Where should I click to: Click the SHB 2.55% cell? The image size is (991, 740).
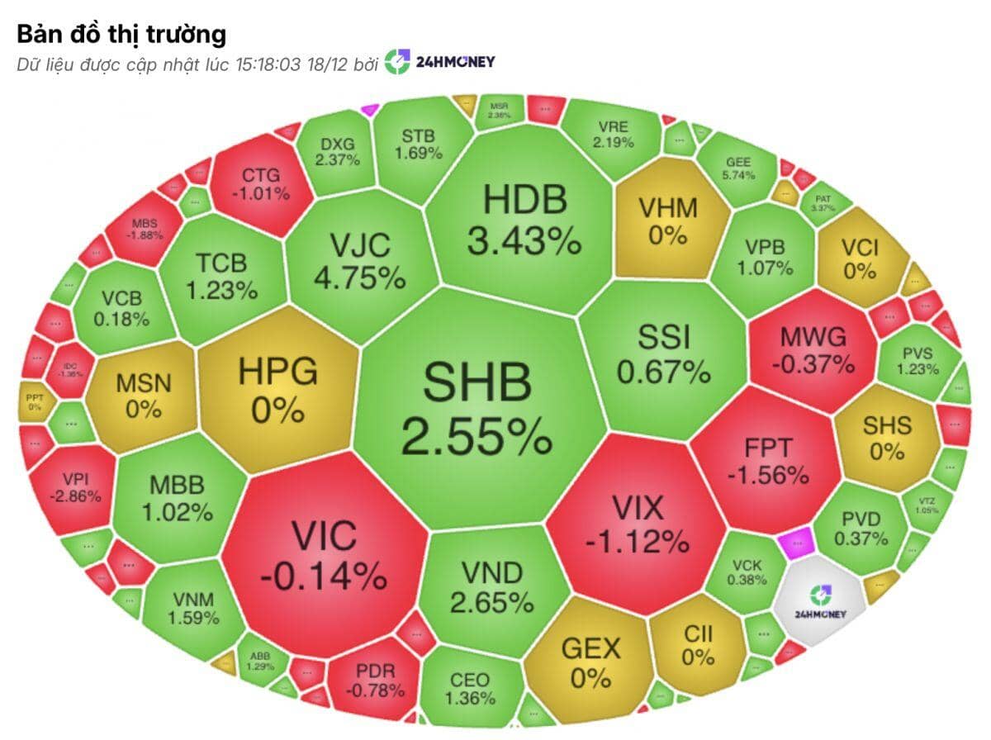[x=476, y=409]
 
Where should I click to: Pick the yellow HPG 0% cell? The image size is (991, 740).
[x=277, y=390]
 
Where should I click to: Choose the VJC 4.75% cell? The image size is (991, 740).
[x=359, y=260]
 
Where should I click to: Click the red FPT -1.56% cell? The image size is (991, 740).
[x=768, y=461]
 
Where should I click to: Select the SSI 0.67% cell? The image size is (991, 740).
[x=664, y=353]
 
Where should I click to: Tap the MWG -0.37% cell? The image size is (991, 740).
[x=813, y=349]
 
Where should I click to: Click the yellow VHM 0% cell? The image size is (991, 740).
[x=667, y=221]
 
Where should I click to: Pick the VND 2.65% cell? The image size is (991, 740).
[x=491, y=586]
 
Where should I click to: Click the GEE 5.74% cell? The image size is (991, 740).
[x=737, y=168]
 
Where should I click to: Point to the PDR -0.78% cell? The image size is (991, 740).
[x=375, y=679]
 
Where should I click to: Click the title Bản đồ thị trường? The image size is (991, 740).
[x=121, y=35]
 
